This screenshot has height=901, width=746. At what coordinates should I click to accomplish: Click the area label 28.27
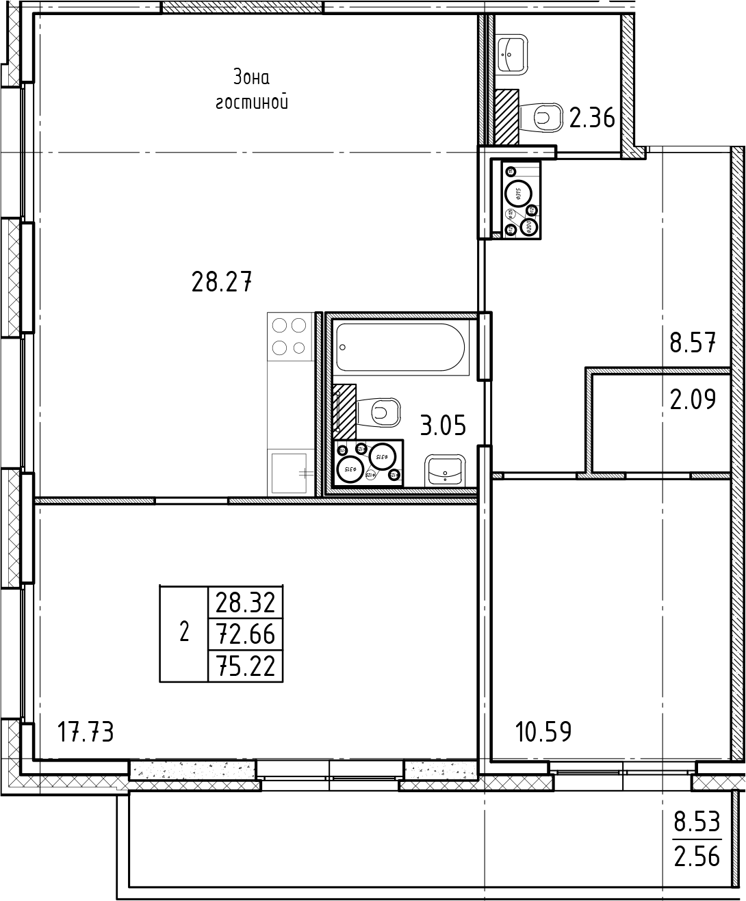click(222, 282)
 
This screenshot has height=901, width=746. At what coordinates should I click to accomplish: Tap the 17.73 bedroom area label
click(85, 733)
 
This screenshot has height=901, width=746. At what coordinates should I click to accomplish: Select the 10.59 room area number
click(543, 733)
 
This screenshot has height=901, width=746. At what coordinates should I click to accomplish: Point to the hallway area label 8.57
click(693, 342)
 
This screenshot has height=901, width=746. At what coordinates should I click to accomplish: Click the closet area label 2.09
click(693, 399)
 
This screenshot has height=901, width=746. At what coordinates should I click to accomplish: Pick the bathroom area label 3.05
click(443, 426)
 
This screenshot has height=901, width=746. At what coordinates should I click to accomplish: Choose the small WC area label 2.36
click(592, 119)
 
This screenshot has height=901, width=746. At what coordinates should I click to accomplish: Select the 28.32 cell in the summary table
click(245, 603)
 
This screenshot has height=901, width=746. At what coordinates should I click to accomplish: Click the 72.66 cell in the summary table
click(245, 634)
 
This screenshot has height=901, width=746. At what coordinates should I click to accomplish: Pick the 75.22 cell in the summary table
click(245, 666)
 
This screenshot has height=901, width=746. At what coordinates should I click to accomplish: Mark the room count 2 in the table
click(183, 633)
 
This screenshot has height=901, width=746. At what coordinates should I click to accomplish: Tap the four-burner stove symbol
click(289, 336)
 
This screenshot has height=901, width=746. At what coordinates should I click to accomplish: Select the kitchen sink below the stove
click(290, 472)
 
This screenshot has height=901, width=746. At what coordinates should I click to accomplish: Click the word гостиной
click(251, 103)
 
